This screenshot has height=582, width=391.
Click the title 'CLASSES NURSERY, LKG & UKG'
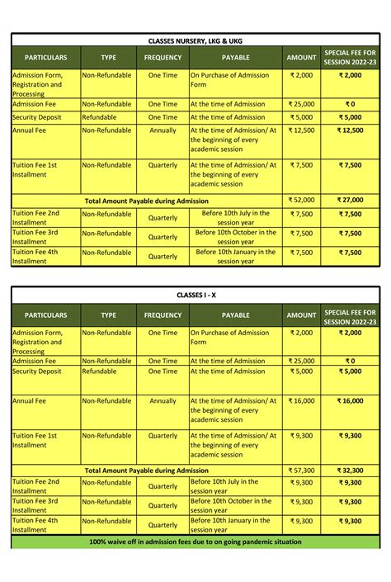pyautogui.click(x=195, y=40)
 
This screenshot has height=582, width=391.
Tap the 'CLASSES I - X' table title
pyautogui.click(x=195, y=295)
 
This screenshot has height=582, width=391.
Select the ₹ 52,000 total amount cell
pyautogui.click(x=301, y=200)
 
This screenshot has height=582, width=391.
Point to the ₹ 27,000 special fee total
pyautogui.click(x=350, y=200)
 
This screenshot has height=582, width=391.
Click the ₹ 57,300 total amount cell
pyautogui.click(x=301, y=470)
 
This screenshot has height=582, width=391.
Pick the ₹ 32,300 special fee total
pyautogui.click(x=350, y=470)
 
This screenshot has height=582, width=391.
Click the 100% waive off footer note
pyautogui.click(x=195, y=542)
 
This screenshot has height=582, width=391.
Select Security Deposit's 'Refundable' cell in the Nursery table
pyautogui.click(x=99, y=117)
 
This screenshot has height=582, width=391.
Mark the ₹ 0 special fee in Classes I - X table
pyautogui.click(x=350, y=361)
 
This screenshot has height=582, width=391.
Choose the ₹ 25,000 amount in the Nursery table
pyautogui.click(x=301, y=104)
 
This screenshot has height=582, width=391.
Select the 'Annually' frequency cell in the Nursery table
pyautogui.click(x=163, y=130)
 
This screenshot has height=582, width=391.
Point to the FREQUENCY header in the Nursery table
pyautogui.click(x=163, y=58)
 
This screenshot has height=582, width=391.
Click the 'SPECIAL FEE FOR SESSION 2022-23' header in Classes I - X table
pyautogui.click(x=350, y=315)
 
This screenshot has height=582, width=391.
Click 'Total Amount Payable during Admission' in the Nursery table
pyautogui.click(x=147, y=200)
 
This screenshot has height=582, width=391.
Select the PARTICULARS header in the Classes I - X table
pyautogui.click(x=45, y=315)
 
